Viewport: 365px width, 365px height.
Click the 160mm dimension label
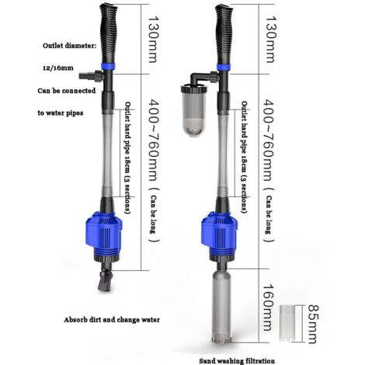[x=269, y=308]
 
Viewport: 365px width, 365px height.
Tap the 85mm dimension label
[x=312, y=324]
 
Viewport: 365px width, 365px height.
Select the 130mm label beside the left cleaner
[x=152, y=40]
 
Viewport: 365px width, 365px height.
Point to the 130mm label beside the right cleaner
[x=270, y=40]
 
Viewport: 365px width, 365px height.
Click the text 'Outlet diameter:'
[x=69, y=46]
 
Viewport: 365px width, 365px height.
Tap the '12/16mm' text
[x=57, y=68]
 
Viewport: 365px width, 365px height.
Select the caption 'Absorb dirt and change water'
[x=112, y=320]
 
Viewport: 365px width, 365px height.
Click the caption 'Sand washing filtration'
[x=237, y=361]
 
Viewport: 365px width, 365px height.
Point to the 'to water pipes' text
[x=61, y=113]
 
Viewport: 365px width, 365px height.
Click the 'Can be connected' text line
[x=67, y=91]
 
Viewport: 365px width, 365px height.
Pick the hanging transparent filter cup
[x=193, y=110]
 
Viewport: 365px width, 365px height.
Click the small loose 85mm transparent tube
[x=287, y=323]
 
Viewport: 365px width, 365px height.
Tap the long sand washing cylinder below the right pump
[x=222, y=307]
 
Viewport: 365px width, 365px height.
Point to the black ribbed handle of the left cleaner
[x=109, y=33]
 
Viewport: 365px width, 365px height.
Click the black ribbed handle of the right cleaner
[x=224, y=33]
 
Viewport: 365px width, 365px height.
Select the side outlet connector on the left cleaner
[x=91, y=76]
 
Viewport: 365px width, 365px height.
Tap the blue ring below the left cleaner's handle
[x=108, y=67]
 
